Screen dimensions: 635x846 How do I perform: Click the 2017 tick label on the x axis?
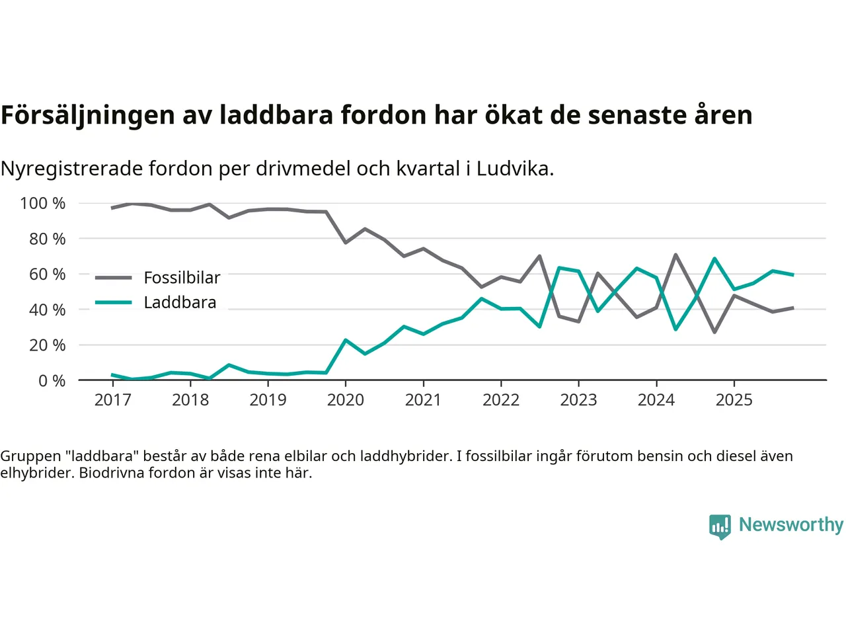coord(113,400)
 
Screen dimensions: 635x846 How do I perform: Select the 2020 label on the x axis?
coord(346,400)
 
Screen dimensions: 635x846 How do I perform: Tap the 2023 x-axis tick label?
coord(578,400)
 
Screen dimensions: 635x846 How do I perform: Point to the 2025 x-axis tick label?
coord(734,400)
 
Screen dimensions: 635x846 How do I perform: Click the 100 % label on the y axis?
coord(43,203)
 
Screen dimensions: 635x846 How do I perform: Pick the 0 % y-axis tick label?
coord(52,380)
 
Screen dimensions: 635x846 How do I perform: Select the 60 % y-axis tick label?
coord(47,274)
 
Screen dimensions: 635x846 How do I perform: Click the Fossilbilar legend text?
coord(182,278)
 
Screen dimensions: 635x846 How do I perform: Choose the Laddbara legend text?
coord(180,302)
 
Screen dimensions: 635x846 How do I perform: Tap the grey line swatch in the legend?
coord(113,278)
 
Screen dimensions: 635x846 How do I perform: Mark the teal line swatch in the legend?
coord(113,302)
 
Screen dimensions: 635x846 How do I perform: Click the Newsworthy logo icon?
coord(720,527)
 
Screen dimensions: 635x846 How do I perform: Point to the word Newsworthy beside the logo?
coord(791,525)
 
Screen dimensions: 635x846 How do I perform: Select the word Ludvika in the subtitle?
coord(514,169)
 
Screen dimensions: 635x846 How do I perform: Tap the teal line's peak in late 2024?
coord(714,259)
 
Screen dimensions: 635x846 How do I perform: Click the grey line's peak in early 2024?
coord(675,255)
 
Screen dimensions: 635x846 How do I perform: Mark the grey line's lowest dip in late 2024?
coord(714,331)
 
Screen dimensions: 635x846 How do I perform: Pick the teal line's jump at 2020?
coord(345,340)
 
